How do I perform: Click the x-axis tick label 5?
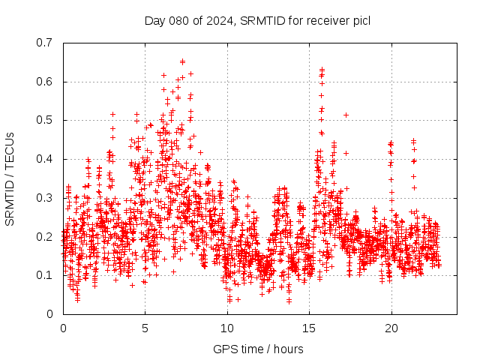coord(145,328)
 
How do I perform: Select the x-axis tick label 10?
coord(227,328)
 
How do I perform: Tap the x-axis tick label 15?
coord(309,328)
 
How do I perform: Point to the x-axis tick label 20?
coord(391,328)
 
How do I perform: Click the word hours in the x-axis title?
coord(289,349)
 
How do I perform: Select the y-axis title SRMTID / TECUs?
coord(10,178)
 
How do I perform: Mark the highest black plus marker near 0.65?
coord(182,61)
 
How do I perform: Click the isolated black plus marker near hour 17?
coord(346,115)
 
